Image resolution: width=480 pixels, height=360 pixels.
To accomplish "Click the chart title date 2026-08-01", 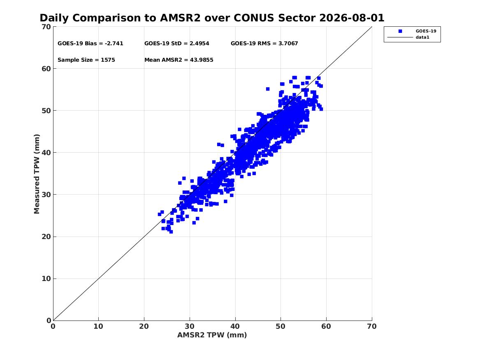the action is point(352,18).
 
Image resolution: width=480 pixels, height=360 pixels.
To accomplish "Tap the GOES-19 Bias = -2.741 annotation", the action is point(90,44).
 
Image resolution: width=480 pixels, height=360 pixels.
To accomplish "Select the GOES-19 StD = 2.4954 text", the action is point(176,44).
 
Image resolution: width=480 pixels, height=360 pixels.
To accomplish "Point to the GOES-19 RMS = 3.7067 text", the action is point(264,44).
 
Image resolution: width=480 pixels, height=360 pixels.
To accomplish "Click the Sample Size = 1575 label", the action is point(86,60).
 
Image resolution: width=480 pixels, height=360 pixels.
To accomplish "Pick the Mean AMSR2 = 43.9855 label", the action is point(179,60).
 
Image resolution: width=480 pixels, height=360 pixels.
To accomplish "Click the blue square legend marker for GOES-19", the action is point(400,31).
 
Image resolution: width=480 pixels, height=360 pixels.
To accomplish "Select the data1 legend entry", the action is point(422,37).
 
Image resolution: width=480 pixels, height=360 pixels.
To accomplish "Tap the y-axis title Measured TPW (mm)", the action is point(37,174).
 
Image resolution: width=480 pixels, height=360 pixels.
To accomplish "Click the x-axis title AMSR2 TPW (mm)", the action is point(212,335).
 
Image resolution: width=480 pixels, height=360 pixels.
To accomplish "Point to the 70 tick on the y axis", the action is point(46,27).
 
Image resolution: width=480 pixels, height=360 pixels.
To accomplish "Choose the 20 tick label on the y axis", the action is point(46,237).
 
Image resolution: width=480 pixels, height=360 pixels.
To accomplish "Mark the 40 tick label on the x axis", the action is point(235,326).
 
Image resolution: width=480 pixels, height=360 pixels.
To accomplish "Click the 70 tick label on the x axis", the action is point(372,326).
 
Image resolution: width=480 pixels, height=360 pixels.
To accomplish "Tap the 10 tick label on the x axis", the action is point(99,326).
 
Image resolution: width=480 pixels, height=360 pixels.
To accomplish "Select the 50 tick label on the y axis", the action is point(46,111).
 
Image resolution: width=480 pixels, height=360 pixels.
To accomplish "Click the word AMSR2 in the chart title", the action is point(180,18).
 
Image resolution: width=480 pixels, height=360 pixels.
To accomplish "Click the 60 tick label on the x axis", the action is point(326,326).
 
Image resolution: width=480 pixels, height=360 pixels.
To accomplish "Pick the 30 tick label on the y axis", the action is point(46,195).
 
